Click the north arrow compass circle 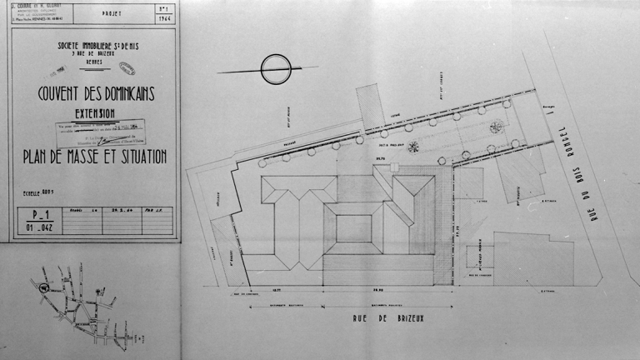(x=276, y=69)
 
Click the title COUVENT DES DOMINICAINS (x=96, y=94)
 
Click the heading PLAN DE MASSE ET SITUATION (x=95, y=157)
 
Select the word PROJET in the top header (x=111, y=14)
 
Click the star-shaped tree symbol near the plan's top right (x=497, y=127)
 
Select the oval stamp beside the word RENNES (x=127, y=68)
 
